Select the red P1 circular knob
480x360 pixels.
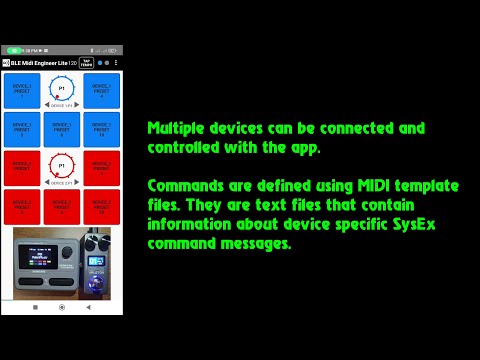pos(62,167)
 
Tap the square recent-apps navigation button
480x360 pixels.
pos(36,306)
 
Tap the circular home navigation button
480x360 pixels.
pos(62,306)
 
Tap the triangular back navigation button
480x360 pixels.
pos(89,306)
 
